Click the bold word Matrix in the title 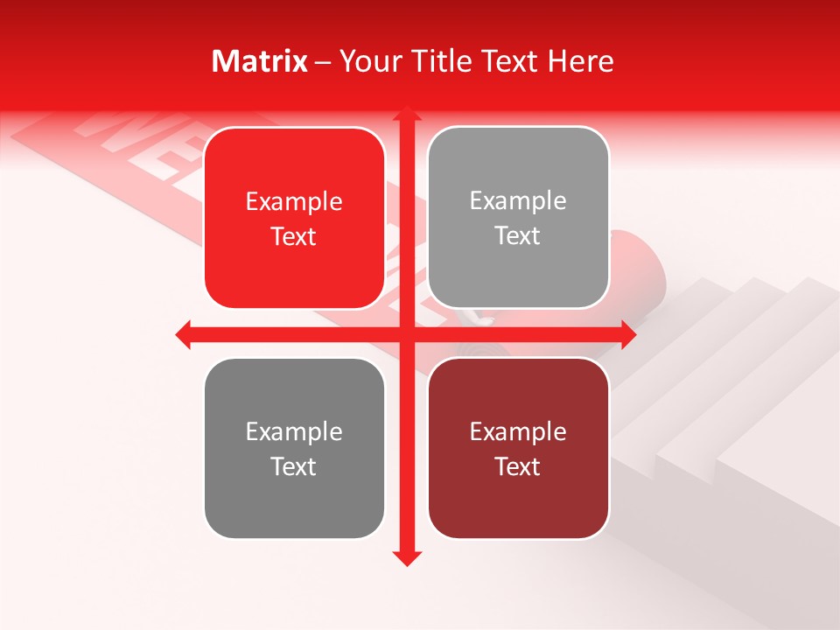(x=260, y=61)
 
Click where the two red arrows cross (x=406, y=334)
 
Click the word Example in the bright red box (x=294, y=202)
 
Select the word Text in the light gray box (x=518, y=236)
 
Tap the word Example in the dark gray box (x=294, y=432)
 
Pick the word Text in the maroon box (x=518, y=467)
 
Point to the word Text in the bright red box (x=294, y=237)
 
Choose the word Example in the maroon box (x=518, y=432)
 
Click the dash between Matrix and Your (x=324, y=62)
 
